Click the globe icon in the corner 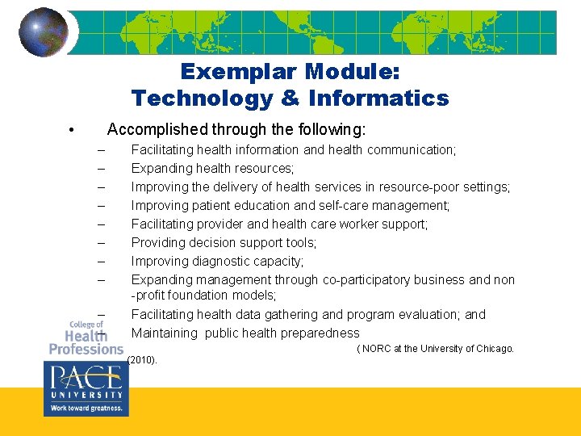(x=44, y=31)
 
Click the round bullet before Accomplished (x=72, y=131)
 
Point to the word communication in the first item (x=411, y=149)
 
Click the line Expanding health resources (x=212, y=168)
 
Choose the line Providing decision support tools (x=224, y=242)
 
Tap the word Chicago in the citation (x=494, y=349)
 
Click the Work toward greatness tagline (x=86, y=409)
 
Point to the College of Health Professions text (x=86, y=337)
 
